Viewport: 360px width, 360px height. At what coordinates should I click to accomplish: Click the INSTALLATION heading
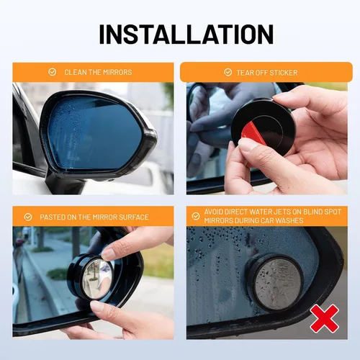tap(186, 34)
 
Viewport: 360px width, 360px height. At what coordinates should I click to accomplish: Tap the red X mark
tap(325, 318)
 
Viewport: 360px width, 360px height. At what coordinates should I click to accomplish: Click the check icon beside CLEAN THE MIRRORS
tap(52, 72)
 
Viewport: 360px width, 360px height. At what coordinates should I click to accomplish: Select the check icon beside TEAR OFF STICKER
tap(228, 72)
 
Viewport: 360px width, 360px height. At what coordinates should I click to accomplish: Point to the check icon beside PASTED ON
tap(28, 217)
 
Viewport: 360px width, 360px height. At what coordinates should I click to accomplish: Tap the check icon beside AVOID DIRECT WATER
tap(196, 216)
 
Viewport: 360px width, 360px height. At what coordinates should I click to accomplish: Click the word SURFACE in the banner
tap(134, 217)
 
